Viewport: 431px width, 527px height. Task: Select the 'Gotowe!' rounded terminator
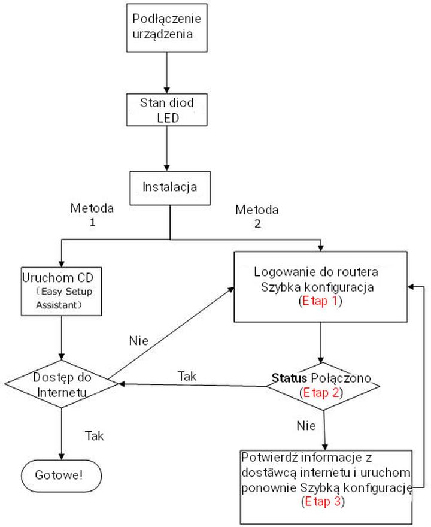click(x=60, y=475)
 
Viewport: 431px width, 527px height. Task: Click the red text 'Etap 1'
click(x=320, y=301)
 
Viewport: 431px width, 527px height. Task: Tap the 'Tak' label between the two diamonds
click(x=187, y=377)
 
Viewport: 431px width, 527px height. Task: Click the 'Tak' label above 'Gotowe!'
click(x=95, y=435)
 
